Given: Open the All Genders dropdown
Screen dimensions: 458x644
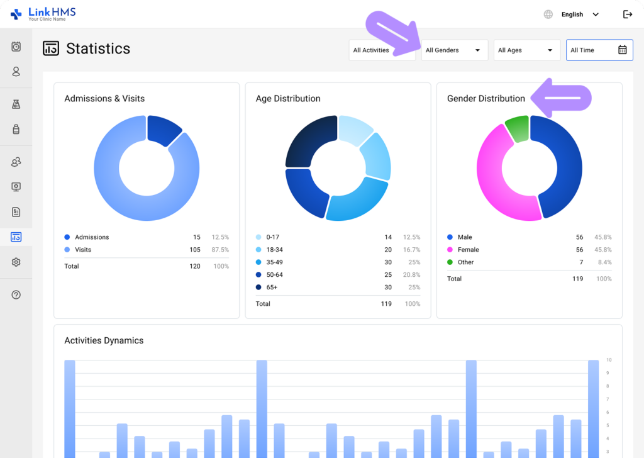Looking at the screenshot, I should tap(454, 50).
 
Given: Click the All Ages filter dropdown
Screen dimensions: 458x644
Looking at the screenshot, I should tap(526, 50).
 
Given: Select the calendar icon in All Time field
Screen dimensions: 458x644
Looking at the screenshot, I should tap(622, 50).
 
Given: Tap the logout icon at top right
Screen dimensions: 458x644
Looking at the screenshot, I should tap(627, 14).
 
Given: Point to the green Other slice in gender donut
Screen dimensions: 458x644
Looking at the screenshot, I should tap(517, 128).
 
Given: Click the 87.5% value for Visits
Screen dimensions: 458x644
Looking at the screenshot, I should tap(220, 250).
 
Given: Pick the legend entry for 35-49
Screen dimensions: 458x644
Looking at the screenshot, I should tap(275, 262).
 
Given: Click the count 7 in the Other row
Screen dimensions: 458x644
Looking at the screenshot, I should tap(580, 262).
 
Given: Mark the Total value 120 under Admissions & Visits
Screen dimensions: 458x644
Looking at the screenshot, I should tap(195, 266).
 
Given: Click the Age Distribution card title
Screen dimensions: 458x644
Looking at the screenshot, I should tap(288, 99).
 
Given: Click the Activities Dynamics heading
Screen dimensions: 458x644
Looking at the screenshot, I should tap(104, 340).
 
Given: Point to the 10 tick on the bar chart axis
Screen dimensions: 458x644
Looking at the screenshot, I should tap(608, 360).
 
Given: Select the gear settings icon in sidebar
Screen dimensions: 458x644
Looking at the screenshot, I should tap(16, 262).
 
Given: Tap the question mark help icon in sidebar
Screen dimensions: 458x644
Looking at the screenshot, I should tap(16, 295).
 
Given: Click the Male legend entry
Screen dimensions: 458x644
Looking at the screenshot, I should tap(465, 237).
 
